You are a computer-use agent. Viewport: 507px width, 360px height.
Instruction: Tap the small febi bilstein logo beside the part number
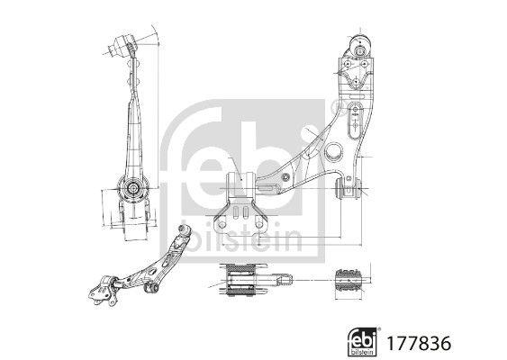[x=363, y=341]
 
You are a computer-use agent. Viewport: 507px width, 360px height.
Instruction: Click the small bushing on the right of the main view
[x=348, y=187]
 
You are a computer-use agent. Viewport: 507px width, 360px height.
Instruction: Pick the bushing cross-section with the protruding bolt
[x=243, y=278]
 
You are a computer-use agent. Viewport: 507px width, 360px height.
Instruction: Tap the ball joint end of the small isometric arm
[x=185, y=231]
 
